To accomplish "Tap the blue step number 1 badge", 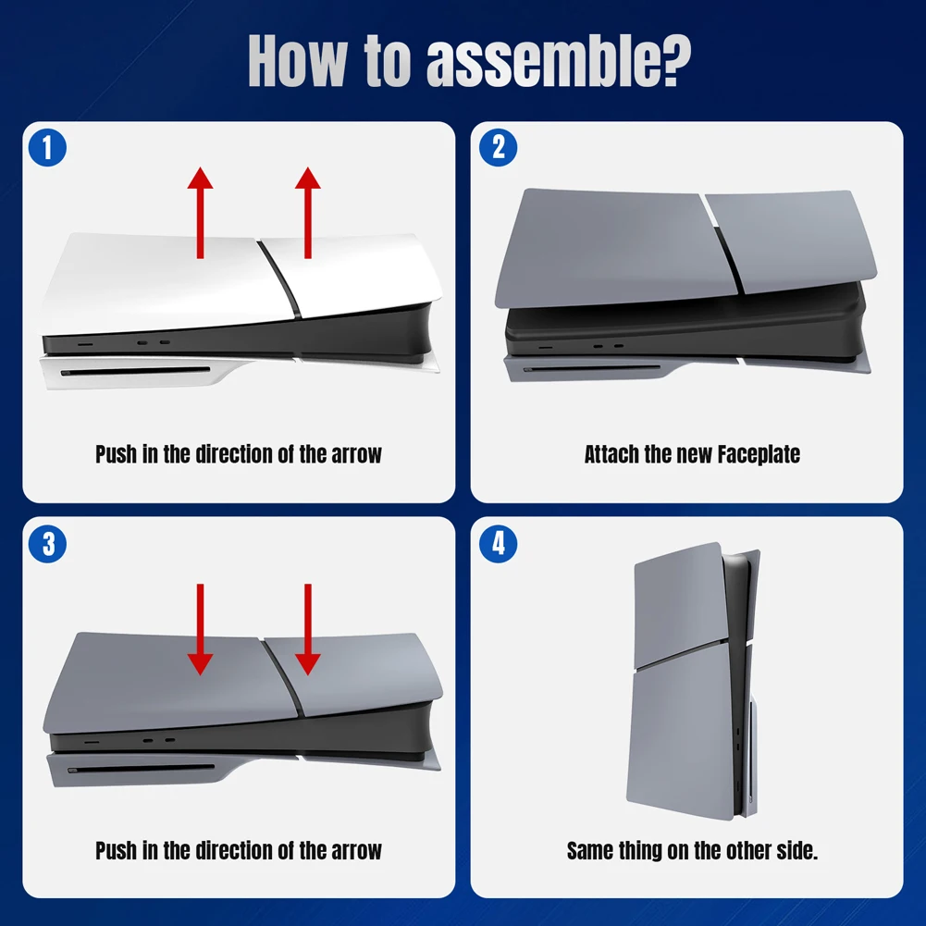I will point(47,148).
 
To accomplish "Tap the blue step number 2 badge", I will point(499,148).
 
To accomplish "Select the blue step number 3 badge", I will point(47,544).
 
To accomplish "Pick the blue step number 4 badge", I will point(499,544).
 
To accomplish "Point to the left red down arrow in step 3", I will point(200,628).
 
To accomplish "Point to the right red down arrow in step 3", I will point(308,628).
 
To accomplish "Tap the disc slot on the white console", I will point(139,374).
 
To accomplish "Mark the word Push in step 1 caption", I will point(117,454).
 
